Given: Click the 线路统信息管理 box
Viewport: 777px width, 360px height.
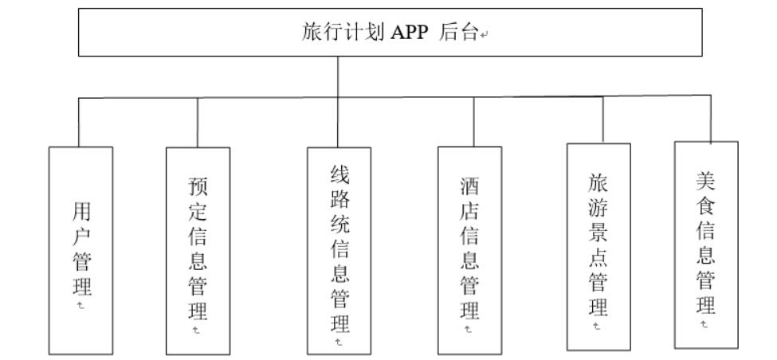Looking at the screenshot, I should click(339, 250).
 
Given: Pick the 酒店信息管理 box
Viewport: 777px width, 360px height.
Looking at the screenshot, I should click(469, 250).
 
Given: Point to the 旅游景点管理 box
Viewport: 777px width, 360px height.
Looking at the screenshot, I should click(598, 246).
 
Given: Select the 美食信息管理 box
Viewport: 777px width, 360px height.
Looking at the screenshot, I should click(706, 245).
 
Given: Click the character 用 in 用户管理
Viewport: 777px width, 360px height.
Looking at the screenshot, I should click(80, 211).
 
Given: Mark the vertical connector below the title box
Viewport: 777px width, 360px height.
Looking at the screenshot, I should click(338, 76).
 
